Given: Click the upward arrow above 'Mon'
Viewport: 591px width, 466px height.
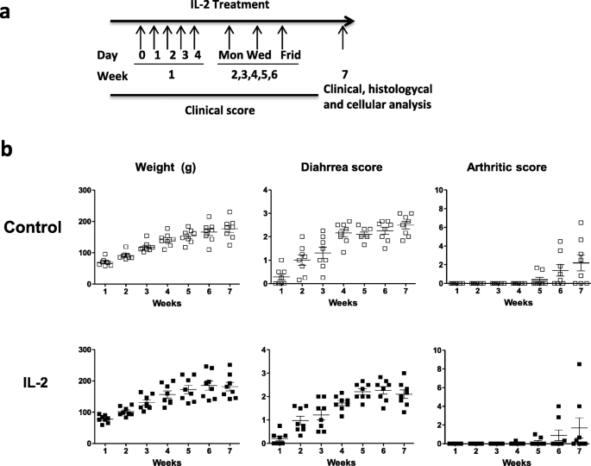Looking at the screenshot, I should [229, 37].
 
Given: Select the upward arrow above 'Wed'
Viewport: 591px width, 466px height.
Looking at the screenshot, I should [256, 37].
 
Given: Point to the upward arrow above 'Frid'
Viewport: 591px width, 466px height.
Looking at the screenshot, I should [285, 37].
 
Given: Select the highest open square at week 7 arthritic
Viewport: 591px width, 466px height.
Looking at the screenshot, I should [579, 223].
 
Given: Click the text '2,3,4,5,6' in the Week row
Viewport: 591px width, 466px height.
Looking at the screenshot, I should [252, 73].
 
